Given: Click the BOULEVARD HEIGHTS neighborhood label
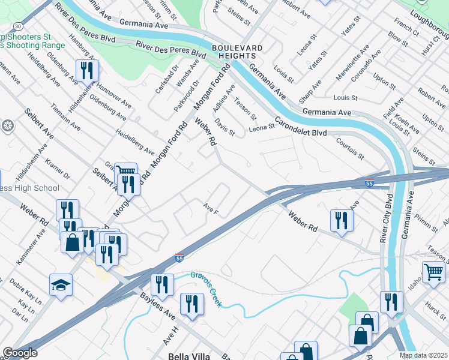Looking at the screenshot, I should tap(237, 52).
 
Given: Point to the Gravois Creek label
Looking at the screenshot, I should tap(206, 289).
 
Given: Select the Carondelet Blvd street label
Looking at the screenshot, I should tap(301, 129).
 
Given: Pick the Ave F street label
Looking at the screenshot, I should tap(210, 209).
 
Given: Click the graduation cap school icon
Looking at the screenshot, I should tap(61, 284).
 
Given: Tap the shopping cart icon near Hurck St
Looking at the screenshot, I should tap(433, 271).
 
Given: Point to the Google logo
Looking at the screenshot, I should tap(20, 353).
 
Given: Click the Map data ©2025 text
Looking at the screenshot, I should tap(424, 355).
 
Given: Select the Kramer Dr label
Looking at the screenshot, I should tap(58, 169).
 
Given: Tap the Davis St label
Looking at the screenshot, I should tap(224, 128).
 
